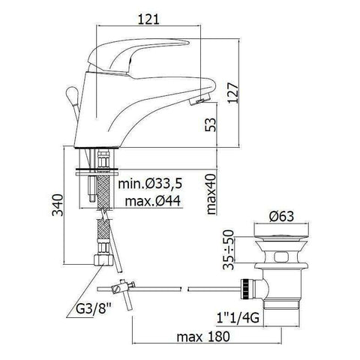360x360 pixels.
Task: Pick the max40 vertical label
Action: coord(211,193)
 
